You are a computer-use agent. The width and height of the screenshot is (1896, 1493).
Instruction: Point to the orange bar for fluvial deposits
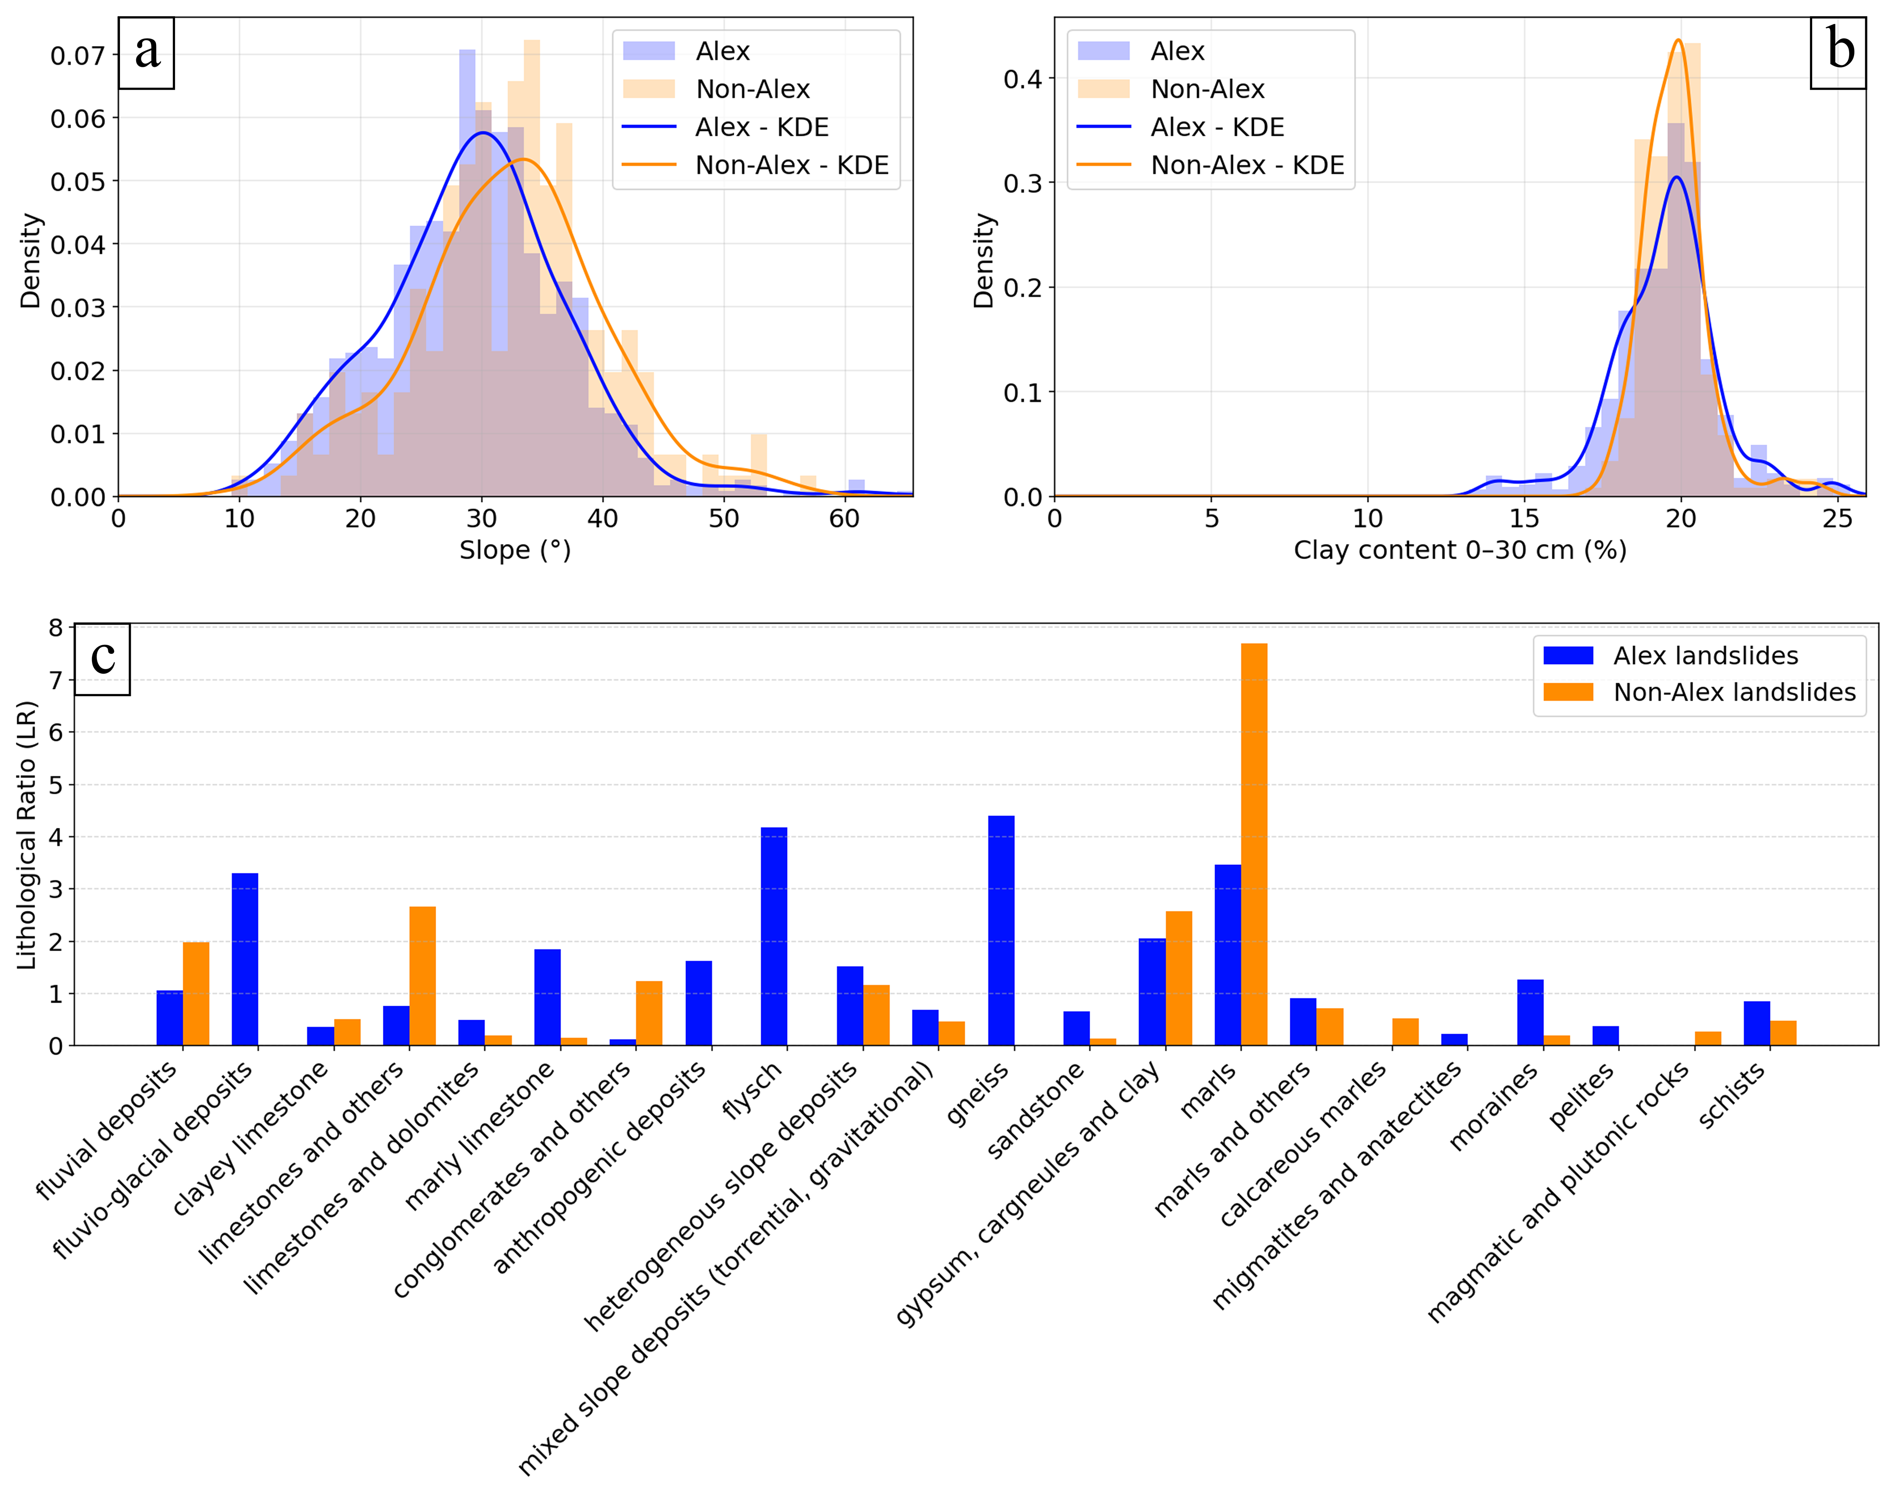tap(196, 994)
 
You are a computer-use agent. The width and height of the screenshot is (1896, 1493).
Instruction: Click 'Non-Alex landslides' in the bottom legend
tap(1735, 692)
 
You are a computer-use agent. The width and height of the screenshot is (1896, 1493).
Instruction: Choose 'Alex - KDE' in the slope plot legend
tap(762, 128)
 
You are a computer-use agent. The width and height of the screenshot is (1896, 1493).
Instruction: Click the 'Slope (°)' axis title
tap(515, 551)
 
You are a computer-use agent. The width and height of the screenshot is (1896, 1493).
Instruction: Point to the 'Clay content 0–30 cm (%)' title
tap(1460, 551)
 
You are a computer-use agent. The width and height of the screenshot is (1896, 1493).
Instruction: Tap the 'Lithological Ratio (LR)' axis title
tap(27, 835)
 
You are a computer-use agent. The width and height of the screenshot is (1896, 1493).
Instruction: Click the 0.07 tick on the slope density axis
tap(78, 56)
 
